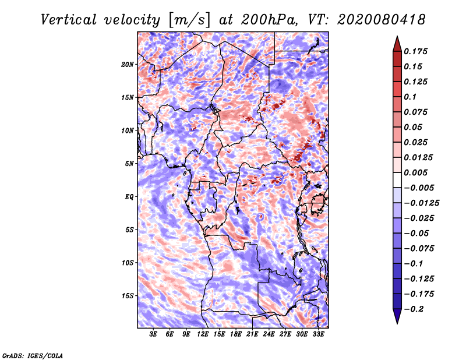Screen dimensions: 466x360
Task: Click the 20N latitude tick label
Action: (128, 65)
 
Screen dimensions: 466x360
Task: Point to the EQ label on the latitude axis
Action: (129, 197)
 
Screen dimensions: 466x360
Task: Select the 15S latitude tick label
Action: (128, 296)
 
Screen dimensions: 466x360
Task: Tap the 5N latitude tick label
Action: (129, 164)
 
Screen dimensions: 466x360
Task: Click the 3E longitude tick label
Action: (153, 334)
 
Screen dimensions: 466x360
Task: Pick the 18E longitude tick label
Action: (235, 334)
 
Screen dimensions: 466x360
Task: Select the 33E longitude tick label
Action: (318, 334)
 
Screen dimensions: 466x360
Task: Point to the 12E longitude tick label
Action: (202, 334)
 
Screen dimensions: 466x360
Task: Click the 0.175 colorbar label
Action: (415, 51)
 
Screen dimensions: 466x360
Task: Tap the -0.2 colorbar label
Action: (414, 309)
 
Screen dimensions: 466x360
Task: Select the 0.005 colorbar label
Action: (415, 172)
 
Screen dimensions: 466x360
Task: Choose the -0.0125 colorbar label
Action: (421, 203)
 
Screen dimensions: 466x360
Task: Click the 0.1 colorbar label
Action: (410, 97)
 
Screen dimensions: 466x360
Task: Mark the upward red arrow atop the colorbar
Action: (397, 44)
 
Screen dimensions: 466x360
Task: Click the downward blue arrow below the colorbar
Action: (397, 316)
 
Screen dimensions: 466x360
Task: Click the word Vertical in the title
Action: (68, 20)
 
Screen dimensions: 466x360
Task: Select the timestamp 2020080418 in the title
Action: (382, 20)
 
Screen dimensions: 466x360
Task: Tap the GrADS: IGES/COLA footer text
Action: (33, 355)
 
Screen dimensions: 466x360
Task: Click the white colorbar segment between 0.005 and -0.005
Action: (397, 180)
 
